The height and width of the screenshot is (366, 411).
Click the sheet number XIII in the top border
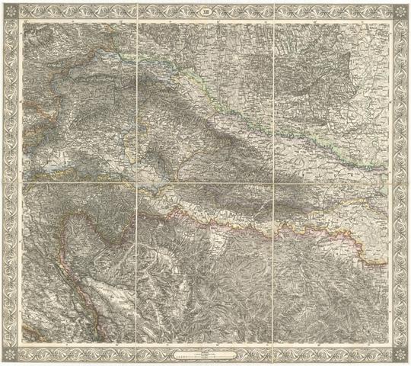coord(205,11)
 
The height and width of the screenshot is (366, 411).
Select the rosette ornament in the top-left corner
coord(11,11)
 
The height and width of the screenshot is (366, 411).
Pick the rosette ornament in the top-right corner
coord(400,11)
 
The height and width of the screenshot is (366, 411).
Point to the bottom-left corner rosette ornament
coord(11,355)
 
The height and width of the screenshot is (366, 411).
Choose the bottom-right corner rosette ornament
coord(400,355)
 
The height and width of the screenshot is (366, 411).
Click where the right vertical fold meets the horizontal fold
coord(272,184)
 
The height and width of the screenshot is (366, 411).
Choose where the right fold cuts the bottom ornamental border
coord(272,355)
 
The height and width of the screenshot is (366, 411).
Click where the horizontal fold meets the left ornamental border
coord(11,184)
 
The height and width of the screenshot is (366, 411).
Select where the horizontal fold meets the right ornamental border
coord(400,184)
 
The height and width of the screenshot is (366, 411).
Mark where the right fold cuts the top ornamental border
coord(272,11)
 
